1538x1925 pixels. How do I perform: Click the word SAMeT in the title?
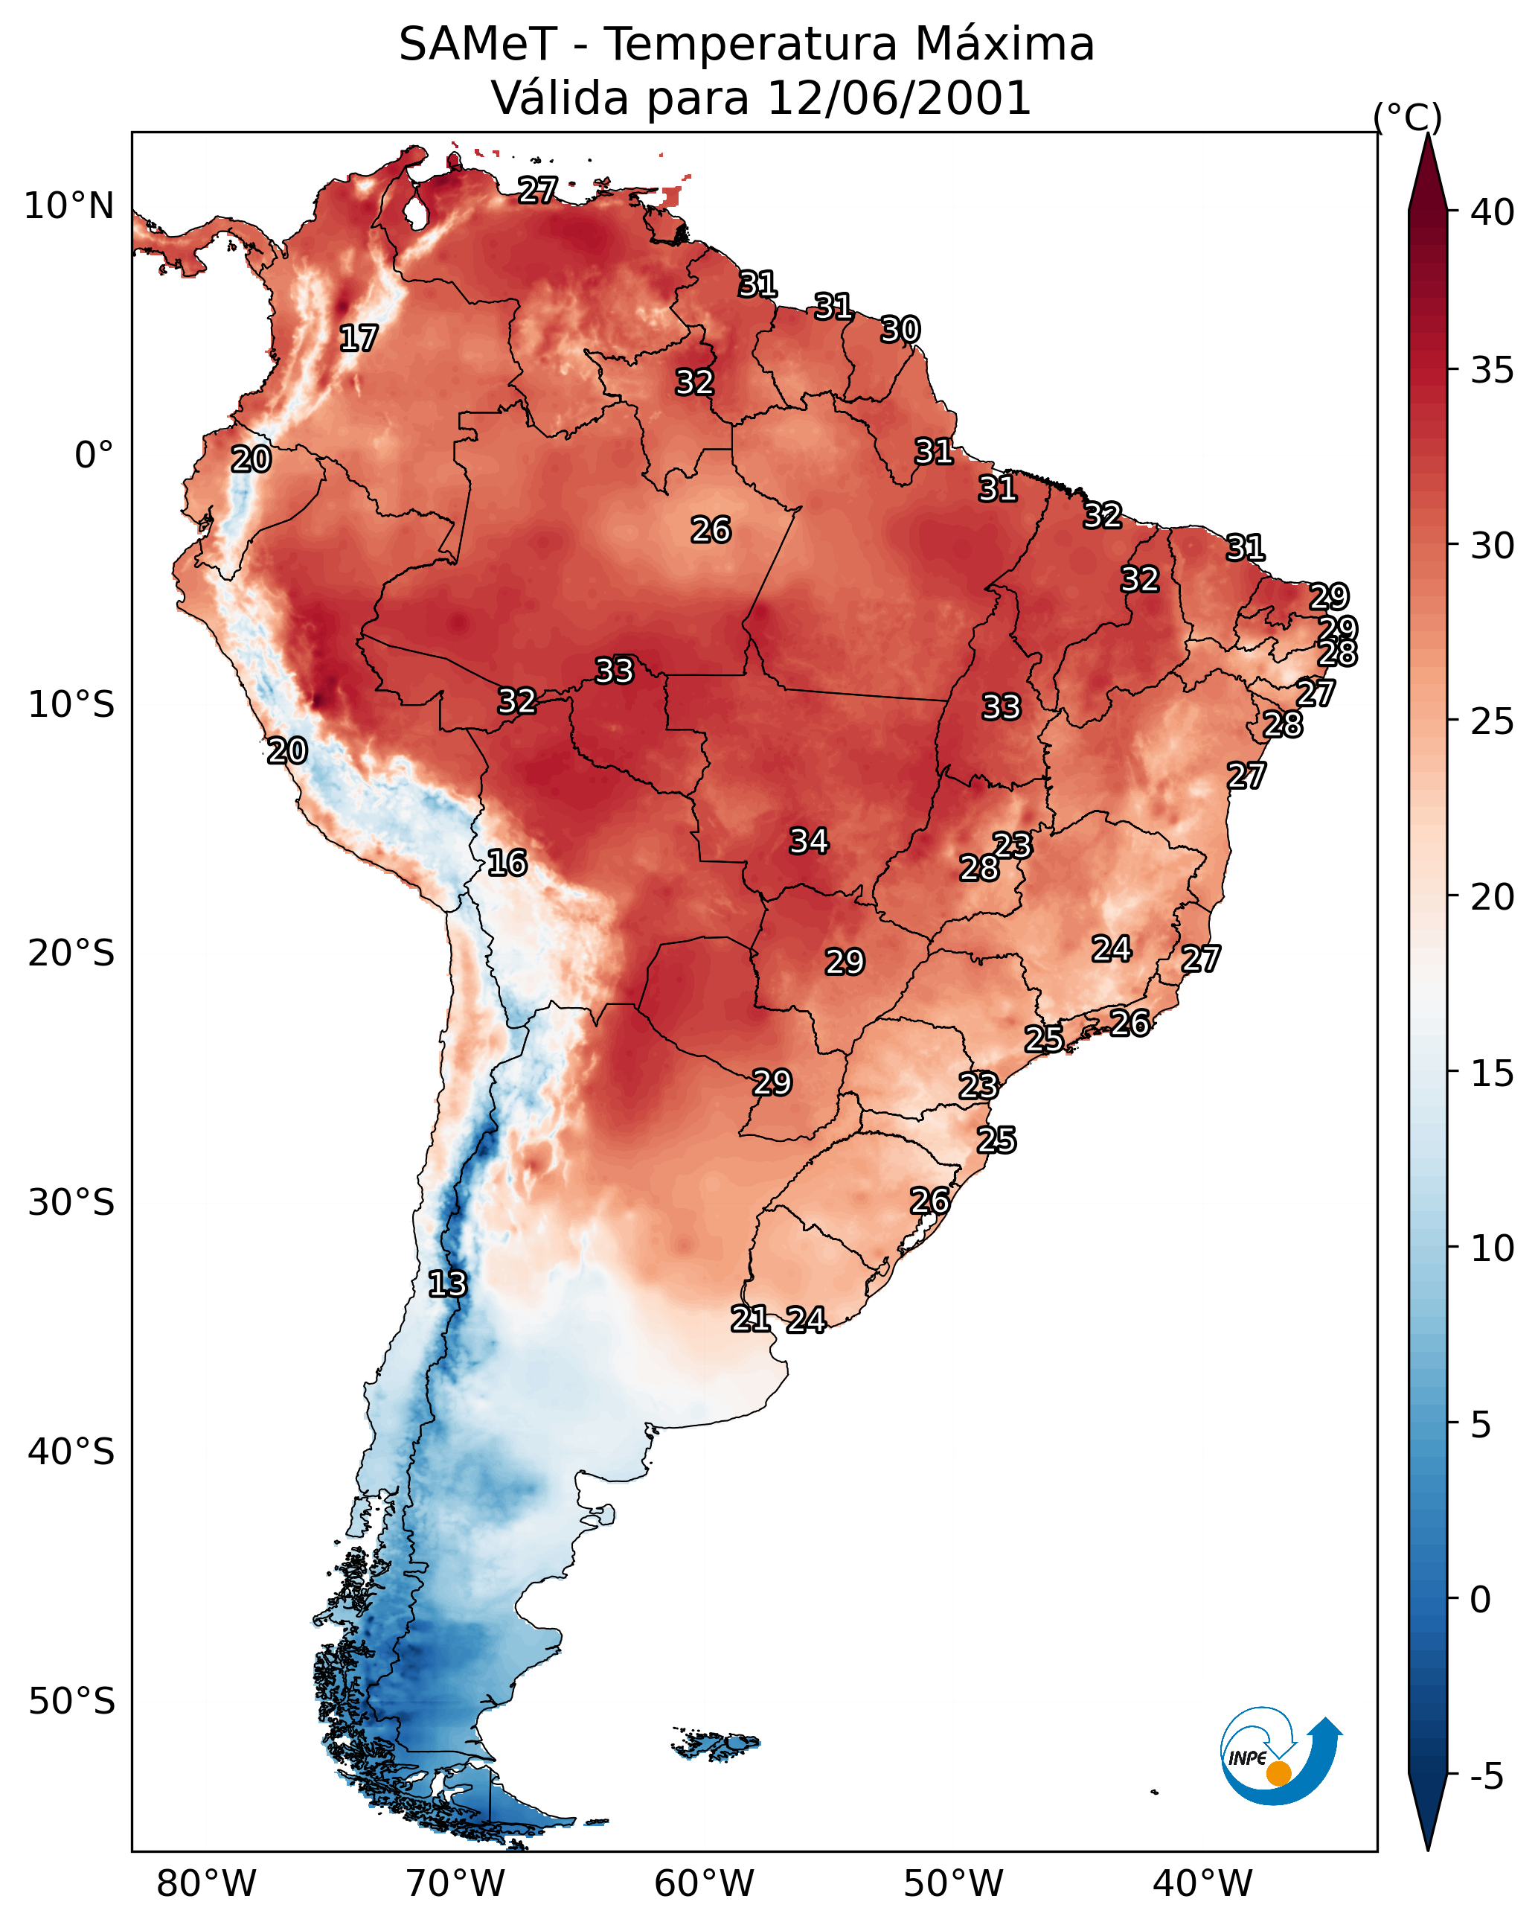[478, 45]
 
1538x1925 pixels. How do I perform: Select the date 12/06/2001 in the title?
[898, 98]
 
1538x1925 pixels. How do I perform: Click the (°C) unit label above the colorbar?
[1407, 117]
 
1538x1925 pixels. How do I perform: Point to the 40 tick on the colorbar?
[1493, 212]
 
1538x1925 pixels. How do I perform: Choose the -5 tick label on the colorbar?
[1485, 1777]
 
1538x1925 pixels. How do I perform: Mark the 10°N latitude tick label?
[68, 206]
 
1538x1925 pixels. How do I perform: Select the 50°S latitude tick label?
[71, 1702]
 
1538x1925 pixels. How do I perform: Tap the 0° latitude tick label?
[94, 456]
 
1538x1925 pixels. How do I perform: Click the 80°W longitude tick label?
[206, 1884]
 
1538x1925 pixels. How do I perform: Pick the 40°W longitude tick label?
[1202, 1884]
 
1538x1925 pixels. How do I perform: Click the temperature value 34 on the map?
[809, 841]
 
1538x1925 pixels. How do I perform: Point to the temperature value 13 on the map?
[447, 1284]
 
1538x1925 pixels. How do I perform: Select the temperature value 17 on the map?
[359, 339]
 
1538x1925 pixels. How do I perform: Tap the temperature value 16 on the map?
[507, 863]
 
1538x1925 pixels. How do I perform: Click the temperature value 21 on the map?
[751, 1319]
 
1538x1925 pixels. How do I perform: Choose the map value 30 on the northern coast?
[900, 330]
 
